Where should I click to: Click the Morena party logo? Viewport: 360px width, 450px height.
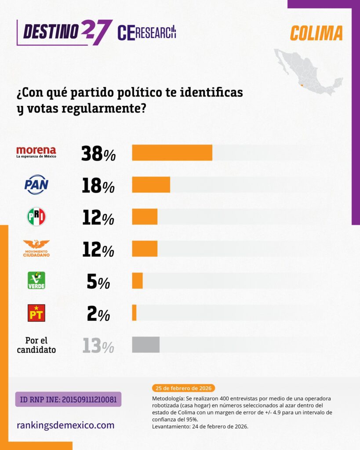click(36, 152)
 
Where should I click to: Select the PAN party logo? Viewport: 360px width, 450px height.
click(36, 185)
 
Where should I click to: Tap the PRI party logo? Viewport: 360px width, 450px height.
click(36, 217)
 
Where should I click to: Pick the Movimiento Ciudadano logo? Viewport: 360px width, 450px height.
click(36, 248)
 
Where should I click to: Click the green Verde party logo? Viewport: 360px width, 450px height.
click(36, 280)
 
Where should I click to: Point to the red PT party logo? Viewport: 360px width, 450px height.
click(36, 313)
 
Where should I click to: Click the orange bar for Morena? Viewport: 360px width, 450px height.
click(172, 152)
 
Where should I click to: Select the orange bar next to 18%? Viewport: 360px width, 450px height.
click(151, 185)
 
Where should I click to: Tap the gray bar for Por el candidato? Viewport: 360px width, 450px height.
click(145, 345)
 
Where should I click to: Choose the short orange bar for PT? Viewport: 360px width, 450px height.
click(134, 312)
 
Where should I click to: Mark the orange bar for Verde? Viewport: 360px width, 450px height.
click(137, 281)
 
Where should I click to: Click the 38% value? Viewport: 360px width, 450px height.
click(98, 153)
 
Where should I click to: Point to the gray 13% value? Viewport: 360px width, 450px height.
click(98, 346)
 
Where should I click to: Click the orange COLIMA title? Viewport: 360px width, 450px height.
click(316, 33)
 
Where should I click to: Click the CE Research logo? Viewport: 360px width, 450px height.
click(147, 33)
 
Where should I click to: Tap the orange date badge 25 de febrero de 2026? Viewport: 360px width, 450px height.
click(183, 388)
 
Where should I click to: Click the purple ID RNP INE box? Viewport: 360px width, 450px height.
click(68, 399)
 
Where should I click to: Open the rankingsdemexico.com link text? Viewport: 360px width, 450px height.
click(65, 425)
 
